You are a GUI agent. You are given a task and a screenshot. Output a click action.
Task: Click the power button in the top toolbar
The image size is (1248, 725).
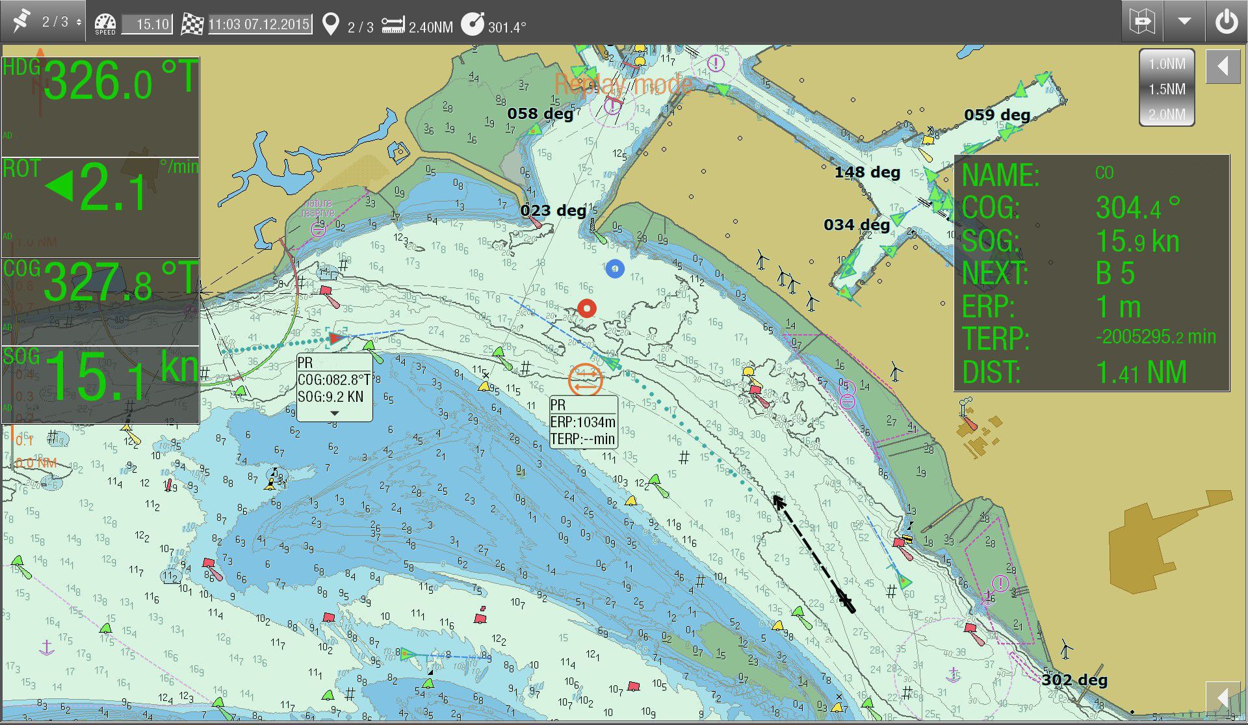coord(1227,22)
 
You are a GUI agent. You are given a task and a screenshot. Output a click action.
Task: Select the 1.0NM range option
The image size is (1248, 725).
coord(1167,64)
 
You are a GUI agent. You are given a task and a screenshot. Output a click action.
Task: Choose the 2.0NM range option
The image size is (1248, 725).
coord(1167,114)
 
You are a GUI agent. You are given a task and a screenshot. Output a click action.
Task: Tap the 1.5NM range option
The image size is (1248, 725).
coord(1167,89)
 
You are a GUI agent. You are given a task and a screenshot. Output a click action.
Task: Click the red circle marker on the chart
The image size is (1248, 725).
coord(587,308)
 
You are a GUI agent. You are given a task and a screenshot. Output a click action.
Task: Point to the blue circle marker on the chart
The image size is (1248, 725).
coord(615,268)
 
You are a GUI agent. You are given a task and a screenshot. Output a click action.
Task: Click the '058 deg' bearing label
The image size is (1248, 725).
coord(540,114)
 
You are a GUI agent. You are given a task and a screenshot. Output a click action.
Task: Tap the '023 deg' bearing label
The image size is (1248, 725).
coord(553,211)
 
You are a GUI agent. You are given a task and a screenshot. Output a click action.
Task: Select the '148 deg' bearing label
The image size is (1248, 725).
coord(867,172)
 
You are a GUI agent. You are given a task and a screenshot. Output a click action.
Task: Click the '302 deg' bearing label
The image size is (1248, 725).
coord(1074,680)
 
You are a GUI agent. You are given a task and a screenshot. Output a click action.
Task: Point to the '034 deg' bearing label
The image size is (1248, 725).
coord(857,225)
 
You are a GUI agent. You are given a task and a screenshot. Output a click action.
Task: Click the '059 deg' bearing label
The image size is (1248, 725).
coord(997,115)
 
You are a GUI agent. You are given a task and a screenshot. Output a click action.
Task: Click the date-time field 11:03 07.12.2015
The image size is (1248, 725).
coord(259,25)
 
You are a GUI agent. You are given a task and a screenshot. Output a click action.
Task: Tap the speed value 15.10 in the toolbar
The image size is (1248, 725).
coord(148,25)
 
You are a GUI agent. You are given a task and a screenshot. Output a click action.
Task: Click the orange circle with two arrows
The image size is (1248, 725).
coord(585,379)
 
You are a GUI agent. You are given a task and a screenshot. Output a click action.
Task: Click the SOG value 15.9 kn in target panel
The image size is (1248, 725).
coord(1137,241)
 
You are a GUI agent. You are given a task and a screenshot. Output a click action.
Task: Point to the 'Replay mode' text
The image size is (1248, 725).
coord(623,85)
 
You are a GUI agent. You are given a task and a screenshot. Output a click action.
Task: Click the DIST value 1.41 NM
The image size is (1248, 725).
coord(1141,373)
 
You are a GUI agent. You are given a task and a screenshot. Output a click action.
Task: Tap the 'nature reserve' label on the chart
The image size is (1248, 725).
coord(318,208)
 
